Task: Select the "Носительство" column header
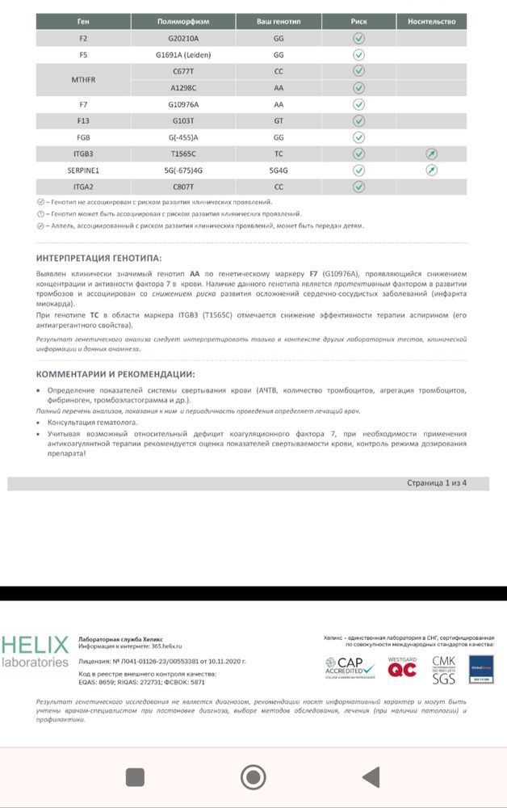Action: (x=432, y=21)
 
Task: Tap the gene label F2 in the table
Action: (x=83, y=38)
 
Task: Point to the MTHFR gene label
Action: (x=83, y=79)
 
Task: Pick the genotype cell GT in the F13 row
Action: (x=279, y=120)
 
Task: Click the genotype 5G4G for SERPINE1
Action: (x=279, y=170)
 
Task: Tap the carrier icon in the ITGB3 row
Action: (x=432, y=154)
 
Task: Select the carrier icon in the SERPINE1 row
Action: (x=432, y=170)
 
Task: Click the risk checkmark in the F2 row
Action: (x=359, y=38)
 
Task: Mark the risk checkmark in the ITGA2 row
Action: (x=359, y=187)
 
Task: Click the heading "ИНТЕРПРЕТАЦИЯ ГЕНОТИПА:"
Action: (x=98, y=259)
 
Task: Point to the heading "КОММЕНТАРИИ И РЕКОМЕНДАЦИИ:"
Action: (x=115, y=374)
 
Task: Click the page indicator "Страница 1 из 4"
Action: (x=437, y=483)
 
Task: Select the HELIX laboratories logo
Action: (x=35, y=652)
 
